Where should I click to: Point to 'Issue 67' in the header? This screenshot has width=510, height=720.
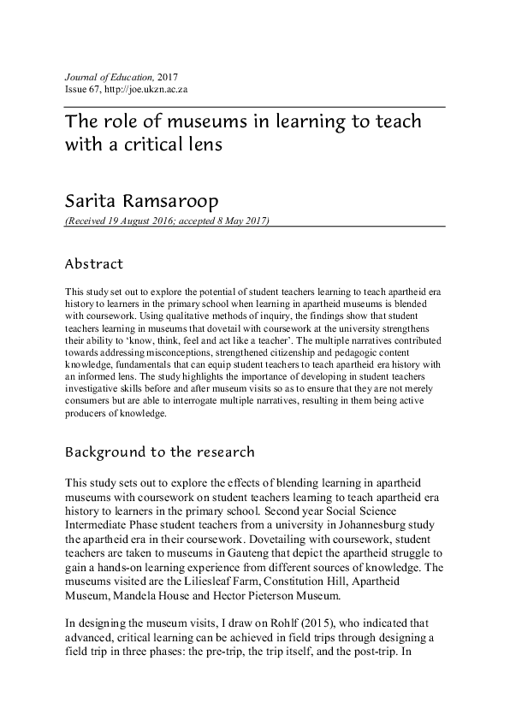83,89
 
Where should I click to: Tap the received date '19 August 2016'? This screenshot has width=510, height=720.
142,221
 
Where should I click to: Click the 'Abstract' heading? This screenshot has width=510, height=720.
94,264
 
